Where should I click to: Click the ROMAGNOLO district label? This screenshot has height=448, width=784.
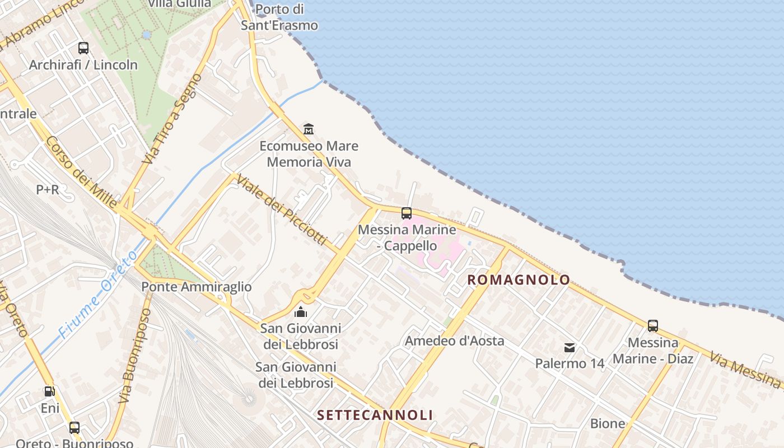coord(519,279)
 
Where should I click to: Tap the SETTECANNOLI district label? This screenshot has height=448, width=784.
coord(375,415)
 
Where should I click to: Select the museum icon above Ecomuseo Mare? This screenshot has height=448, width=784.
coord(309,129)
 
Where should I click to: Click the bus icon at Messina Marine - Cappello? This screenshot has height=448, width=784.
coord(407,213)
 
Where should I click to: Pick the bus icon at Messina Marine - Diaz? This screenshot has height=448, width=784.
coord(653,325)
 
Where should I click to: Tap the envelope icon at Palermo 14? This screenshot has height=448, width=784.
coord(570,348)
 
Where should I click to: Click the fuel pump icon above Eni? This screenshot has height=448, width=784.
coord(50,391)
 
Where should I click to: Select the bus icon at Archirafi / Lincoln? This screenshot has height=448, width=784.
coord(83,48)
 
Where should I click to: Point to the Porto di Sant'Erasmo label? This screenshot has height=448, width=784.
coord(279,17)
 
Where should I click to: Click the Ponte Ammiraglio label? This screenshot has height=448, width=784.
coord(197,287)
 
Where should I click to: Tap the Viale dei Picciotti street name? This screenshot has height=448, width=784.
coord(281,209)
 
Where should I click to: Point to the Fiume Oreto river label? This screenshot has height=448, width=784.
coord(99,294)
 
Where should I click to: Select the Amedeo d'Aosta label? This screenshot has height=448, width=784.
coord(455,340)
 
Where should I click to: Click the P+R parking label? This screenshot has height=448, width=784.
coord(48,190)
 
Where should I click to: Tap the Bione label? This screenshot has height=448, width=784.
coord(608,423)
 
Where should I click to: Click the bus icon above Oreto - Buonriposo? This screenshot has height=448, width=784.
coord(74,428)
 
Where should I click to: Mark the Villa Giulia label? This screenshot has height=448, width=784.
coord(180,3)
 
